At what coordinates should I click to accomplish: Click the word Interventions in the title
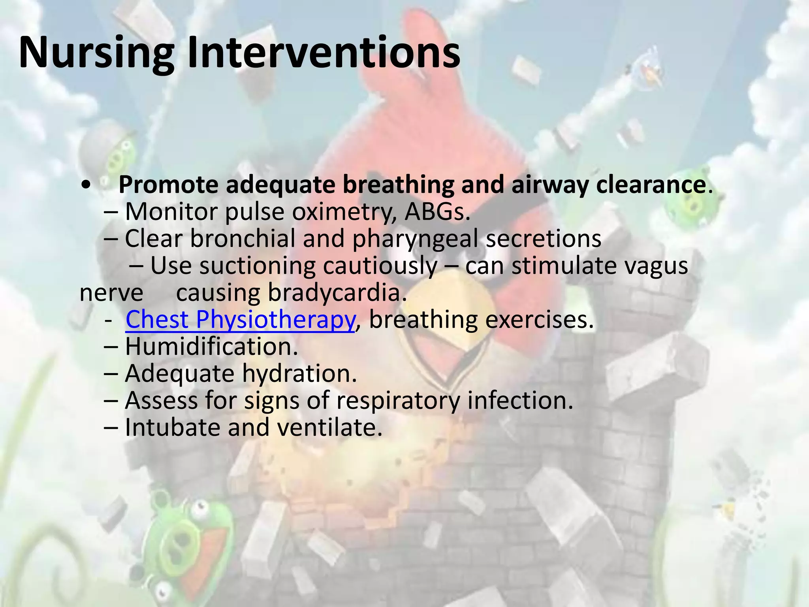click(x=324, y=53)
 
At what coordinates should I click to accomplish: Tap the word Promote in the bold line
click(x=168, y=185)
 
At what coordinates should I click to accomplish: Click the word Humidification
click(x=211, y=347)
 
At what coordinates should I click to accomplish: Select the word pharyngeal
click(x=415, y=239)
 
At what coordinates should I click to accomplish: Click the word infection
click(x=520, y=400)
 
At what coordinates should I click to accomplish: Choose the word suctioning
click(x=257, y=266)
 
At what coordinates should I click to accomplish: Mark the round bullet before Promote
click(x=86, y=185)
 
